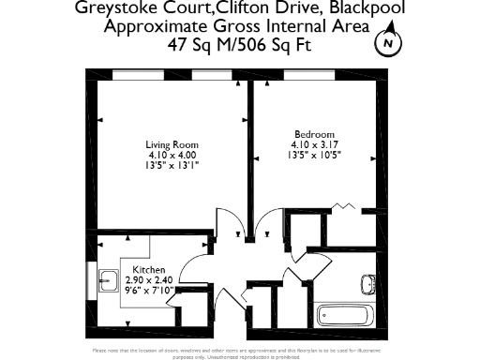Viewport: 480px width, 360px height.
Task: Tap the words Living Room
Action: click(x=172, y=144)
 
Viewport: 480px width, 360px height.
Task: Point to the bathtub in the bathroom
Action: click(x=343, y=315)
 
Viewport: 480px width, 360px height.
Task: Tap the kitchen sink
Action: click(x=107, y=277)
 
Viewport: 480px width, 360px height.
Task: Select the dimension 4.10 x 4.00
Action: click(x=172, y=155)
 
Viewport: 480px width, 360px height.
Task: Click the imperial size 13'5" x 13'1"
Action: click(x=172, y=165)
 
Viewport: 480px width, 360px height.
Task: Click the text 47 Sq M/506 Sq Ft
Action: click(x=239, y=44)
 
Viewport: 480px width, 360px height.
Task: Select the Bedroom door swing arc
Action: click(x=265, y=225)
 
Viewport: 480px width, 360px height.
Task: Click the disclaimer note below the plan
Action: click(x=240, y=352)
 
